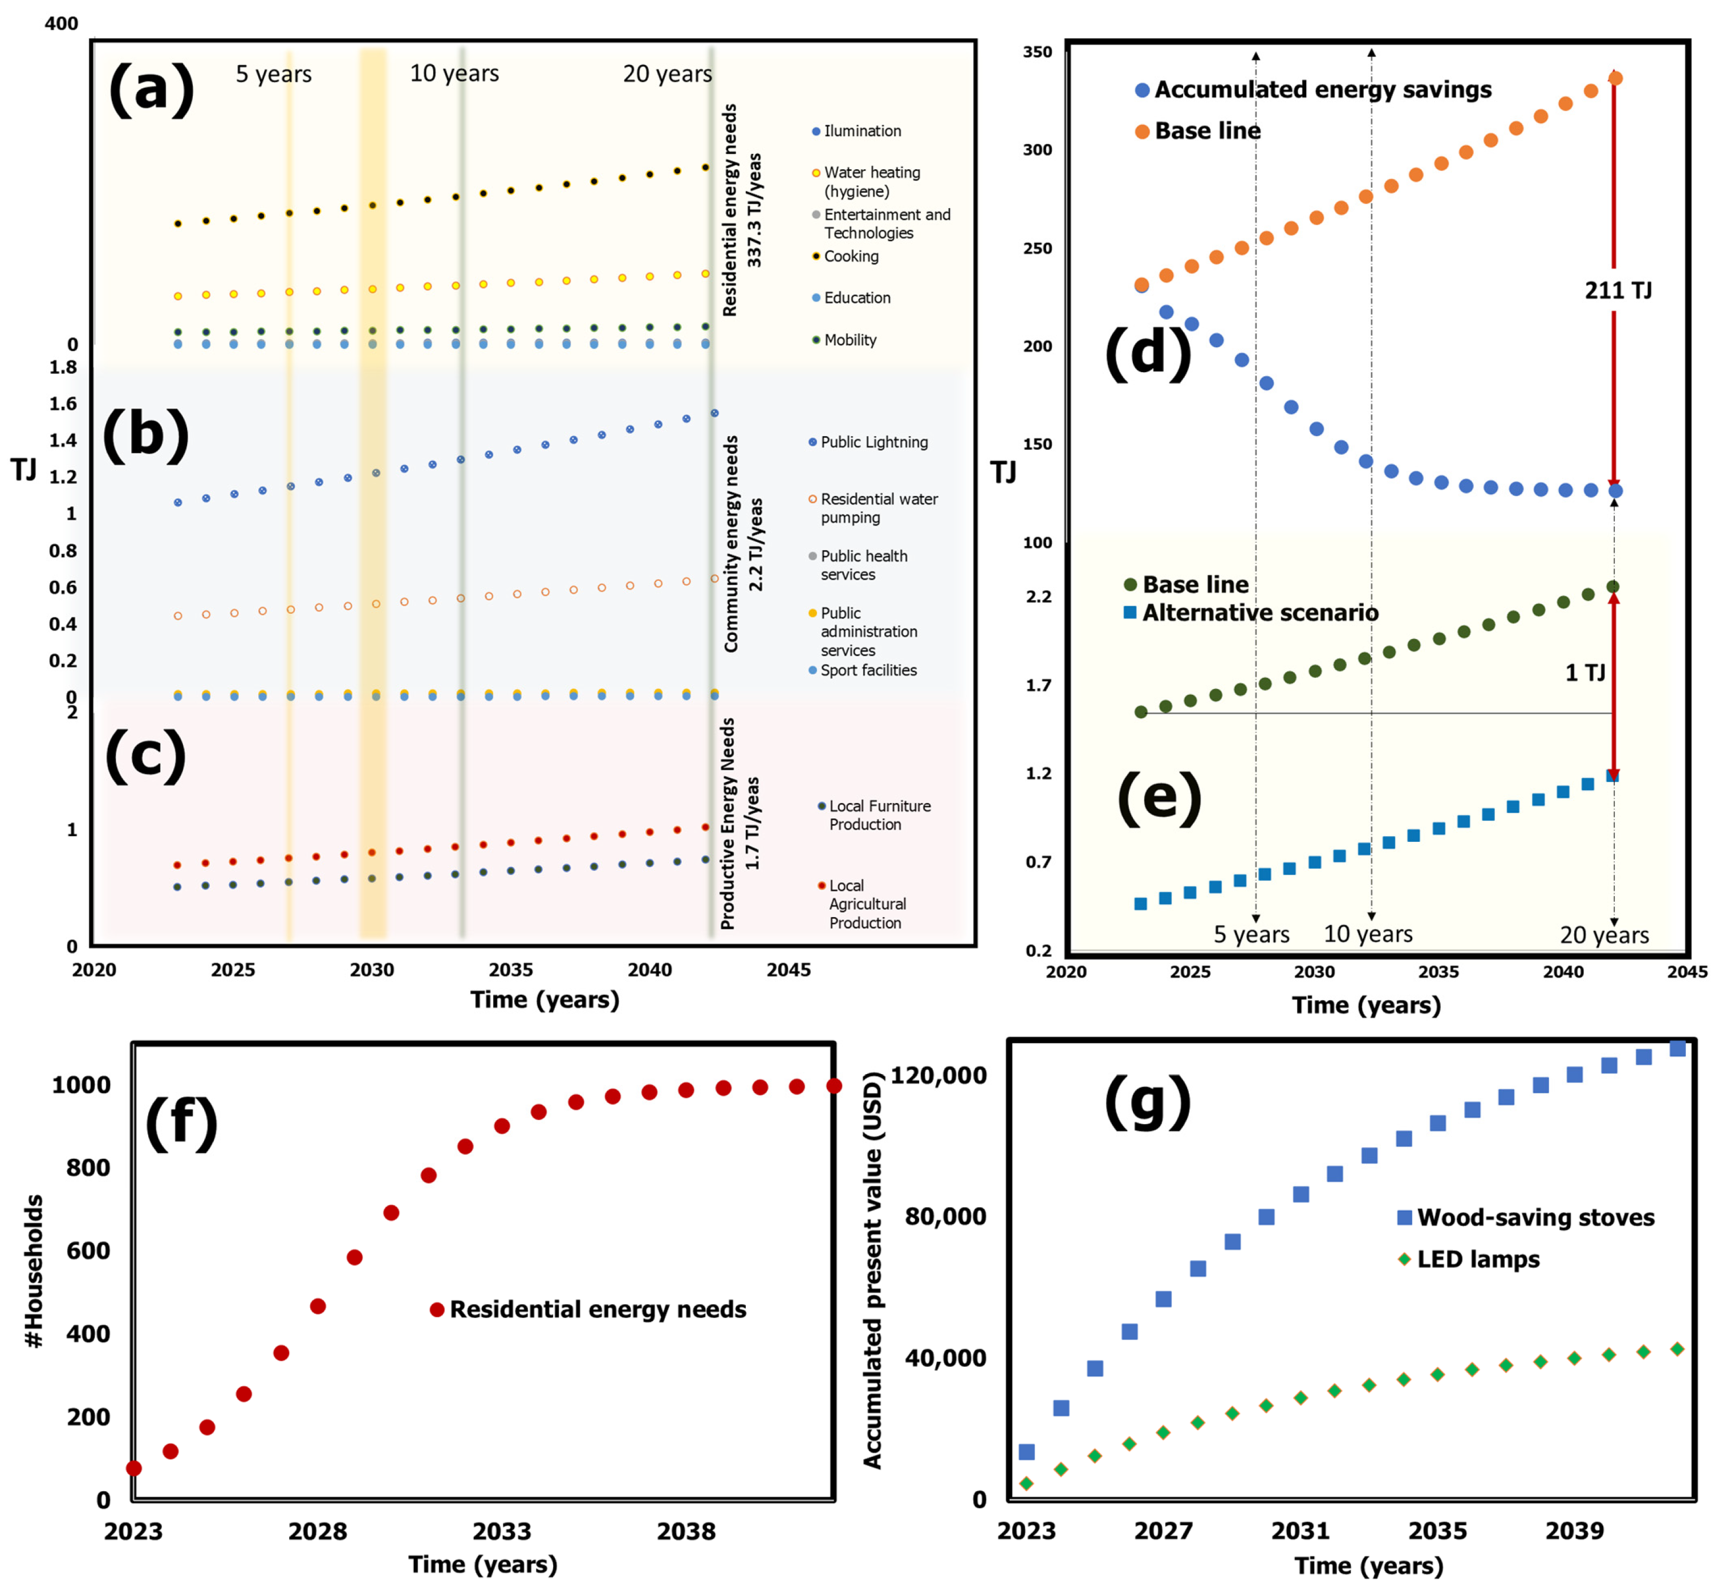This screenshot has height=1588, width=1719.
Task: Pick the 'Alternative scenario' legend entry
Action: coord(1259,613)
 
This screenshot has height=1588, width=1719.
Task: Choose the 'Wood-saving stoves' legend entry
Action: coord(1535,1218)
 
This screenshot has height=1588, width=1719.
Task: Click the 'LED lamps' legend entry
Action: coord(1477,1260)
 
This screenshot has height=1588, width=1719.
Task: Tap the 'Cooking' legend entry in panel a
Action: coord(851,256)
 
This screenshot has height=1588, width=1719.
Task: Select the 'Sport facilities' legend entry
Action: coord(868,670)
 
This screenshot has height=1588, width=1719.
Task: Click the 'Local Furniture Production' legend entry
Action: coord(879,815)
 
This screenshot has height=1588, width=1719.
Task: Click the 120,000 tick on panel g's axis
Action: coord(938,1075)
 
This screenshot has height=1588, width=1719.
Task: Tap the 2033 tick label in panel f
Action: coord(502,1530)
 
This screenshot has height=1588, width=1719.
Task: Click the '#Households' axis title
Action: coord(34,1272)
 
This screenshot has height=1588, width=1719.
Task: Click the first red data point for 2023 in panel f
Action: coord(134,1468)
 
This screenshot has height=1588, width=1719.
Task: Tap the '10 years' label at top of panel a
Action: coord(454,74)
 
